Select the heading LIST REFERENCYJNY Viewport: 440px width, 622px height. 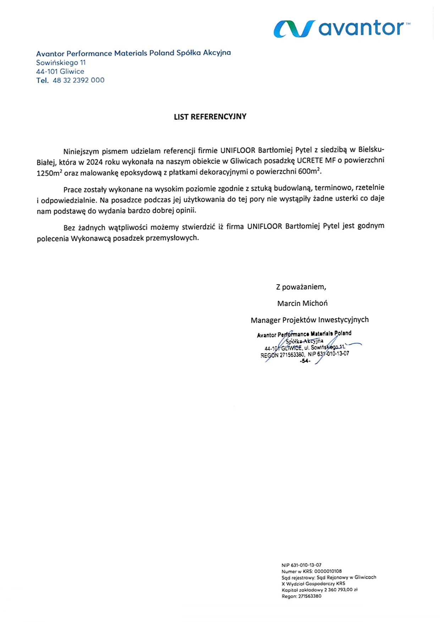[210, 117]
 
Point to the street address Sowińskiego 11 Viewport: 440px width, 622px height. [61, 63]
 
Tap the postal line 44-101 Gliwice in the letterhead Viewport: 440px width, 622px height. [60, 71]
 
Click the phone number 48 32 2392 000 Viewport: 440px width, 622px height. [78, 80]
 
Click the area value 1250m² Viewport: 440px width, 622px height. [49, 173]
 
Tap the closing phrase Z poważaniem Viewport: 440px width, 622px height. [301, 287]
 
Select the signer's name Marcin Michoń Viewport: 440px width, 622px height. [302, 303]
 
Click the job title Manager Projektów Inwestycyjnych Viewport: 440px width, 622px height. [309, 320]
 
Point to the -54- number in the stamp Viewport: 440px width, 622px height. [305, 361]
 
